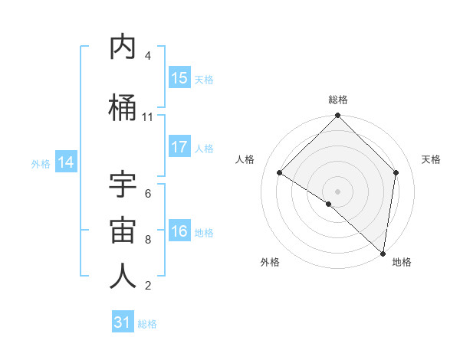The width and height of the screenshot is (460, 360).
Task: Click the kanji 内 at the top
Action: click(123, 47)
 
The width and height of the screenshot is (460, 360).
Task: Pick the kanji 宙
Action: click(123, 231)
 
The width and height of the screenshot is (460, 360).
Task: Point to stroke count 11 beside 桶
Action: click(148, 117)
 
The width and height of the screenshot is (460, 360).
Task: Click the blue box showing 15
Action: click(179, 78)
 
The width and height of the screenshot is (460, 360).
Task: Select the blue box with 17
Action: click(179, 147)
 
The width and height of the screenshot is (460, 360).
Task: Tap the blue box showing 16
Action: click(179, 231)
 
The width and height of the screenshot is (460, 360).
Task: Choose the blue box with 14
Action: click(66, 162)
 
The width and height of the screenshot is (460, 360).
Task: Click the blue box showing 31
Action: click(123, 322)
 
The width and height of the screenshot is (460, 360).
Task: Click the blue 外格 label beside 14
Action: click(41, 163)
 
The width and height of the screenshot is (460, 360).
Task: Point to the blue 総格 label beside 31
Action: click(147, 324)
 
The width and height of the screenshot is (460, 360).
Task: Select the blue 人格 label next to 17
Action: click(204, 149)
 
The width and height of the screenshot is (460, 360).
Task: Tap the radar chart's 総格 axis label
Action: click(338, 100)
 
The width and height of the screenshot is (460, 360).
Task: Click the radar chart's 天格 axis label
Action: click(432, 159)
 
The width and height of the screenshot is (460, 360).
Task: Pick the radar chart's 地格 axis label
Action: click(402, 262)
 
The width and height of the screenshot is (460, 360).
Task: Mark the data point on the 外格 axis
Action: click(329, 205)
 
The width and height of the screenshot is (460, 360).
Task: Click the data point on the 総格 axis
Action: click(338, 116)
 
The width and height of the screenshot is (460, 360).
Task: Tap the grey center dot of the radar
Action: click(338, 191)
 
